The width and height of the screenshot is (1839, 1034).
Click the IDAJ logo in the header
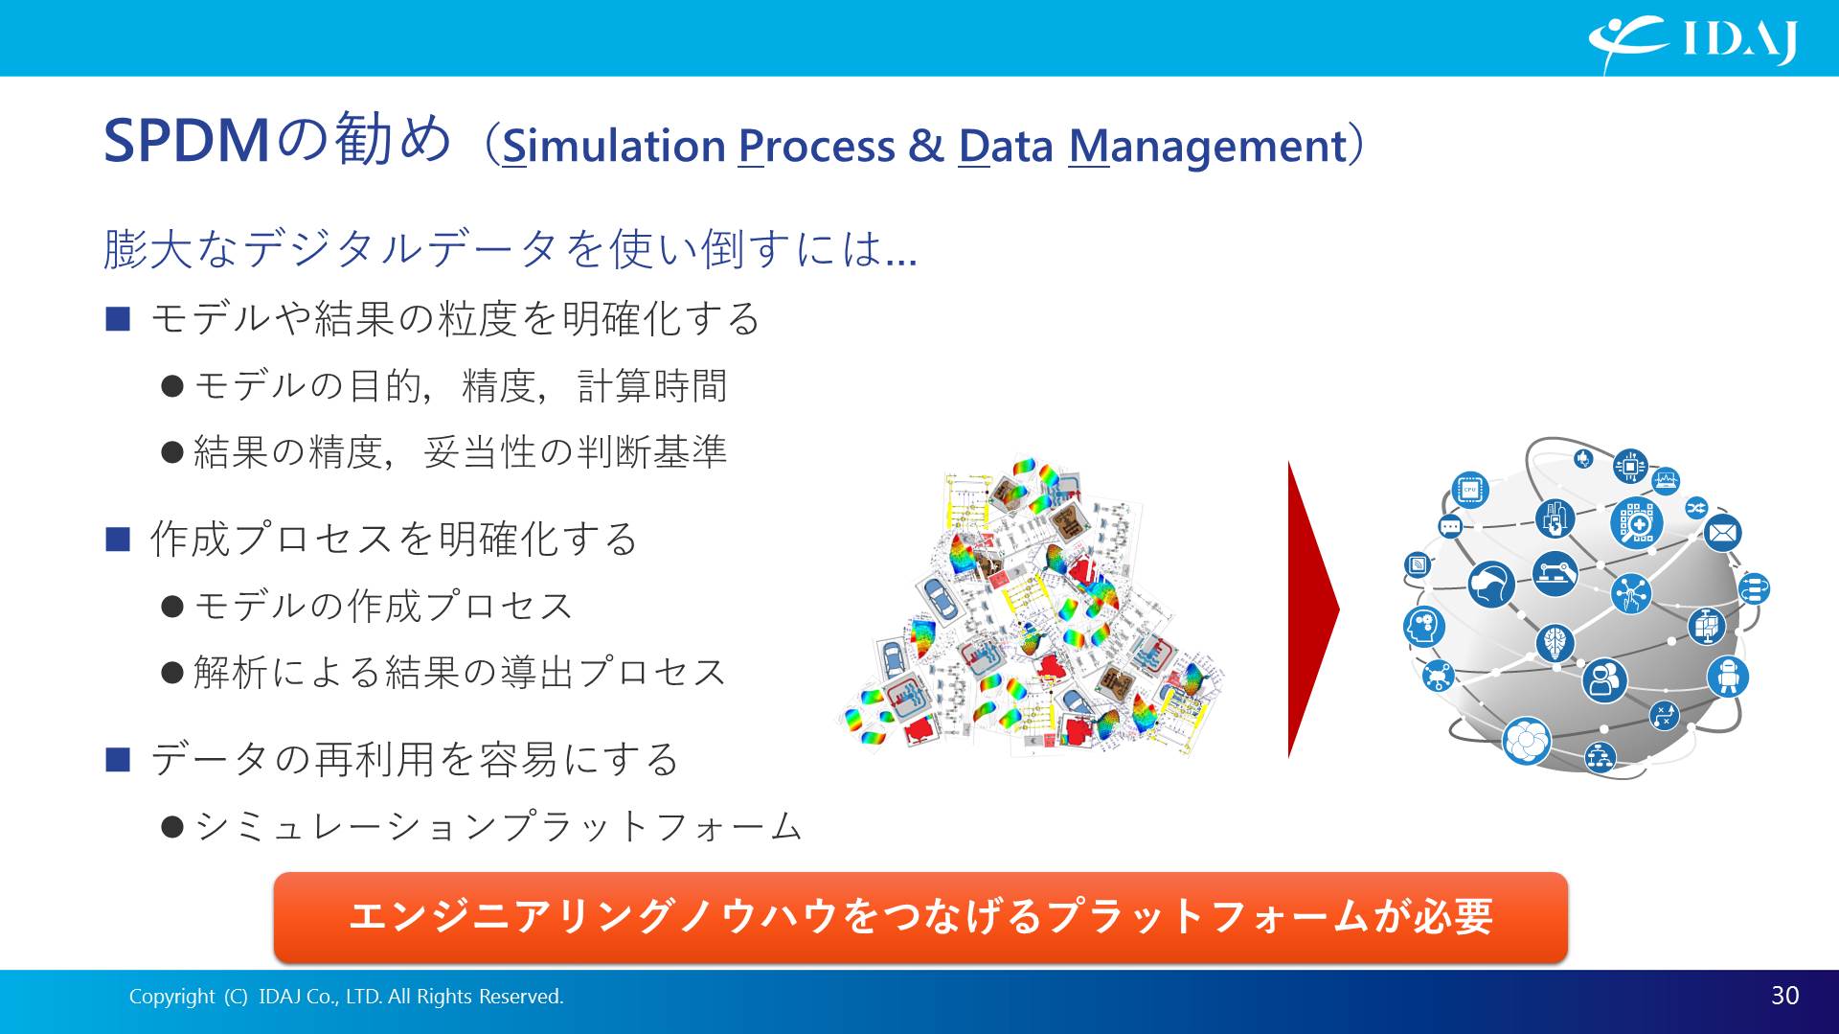click(1693, 41)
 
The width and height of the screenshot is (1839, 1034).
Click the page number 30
click(1784, 996)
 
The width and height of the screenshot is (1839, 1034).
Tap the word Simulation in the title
click(614, 146)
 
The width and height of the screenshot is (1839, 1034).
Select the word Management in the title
click(1208, 146)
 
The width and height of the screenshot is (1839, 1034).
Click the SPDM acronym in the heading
click(187, 141)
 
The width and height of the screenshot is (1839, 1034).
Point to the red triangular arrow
click(1313, 609)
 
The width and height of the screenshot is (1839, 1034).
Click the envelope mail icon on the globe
click(1722, 532)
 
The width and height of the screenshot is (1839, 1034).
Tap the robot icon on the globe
click(1728, 677)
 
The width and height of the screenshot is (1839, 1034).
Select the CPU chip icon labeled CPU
click(1470, 490)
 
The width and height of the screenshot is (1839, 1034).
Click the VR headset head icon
click(1491, 584)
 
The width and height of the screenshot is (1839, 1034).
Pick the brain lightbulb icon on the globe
click(1555, 641)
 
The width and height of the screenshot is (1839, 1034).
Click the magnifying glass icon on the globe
click(1636, 522)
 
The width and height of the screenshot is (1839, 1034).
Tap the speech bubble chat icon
click(1450, 526)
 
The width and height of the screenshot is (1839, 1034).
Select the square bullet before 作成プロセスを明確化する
click(118, 540)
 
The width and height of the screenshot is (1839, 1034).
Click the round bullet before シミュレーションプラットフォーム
click(172, 827)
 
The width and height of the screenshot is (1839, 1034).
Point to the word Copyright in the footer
click(172, 997)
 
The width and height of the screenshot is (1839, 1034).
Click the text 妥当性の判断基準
click(575, 452)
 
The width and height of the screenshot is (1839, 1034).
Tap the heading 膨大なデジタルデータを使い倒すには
click(510, 249)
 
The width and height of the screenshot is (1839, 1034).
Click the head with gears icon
click(1424, 628)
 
